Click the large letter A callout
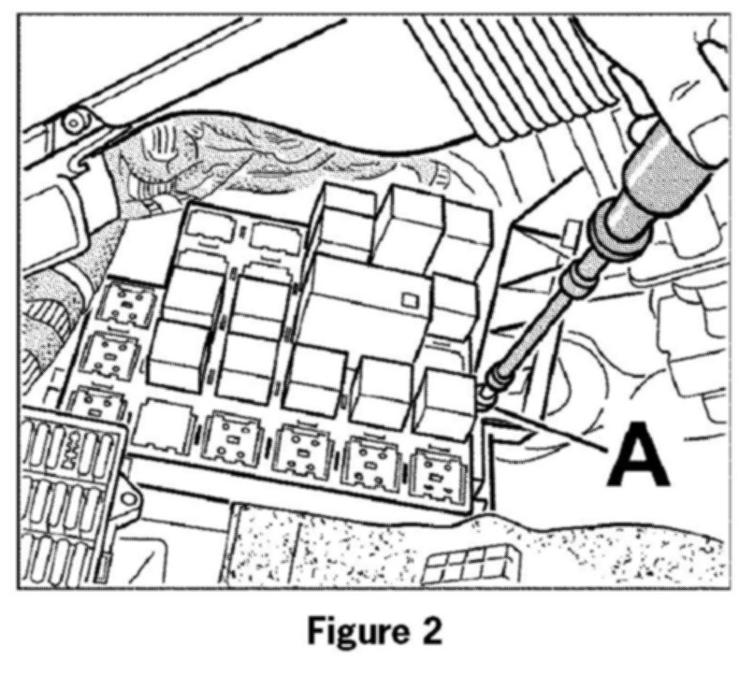coord(640,456)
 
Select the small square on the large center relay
coord(407,300)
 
